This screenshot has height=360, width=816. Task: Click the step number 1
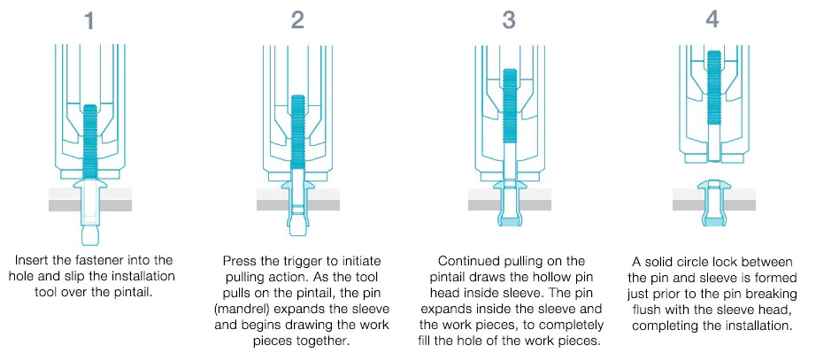pyautogui.click(x=89, y=19)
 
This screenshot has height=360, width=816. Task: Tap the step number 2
pyautogui.click(x=297, y=19)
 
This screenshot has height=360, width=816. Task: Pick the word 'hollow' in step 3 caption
pyautogui.click(x=556, y=277)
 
